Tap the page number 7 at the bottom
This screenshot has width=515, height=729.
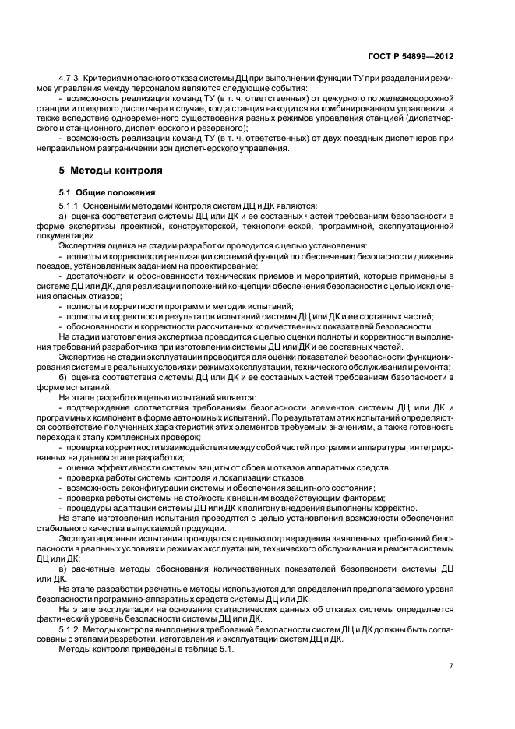(451, 665)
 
